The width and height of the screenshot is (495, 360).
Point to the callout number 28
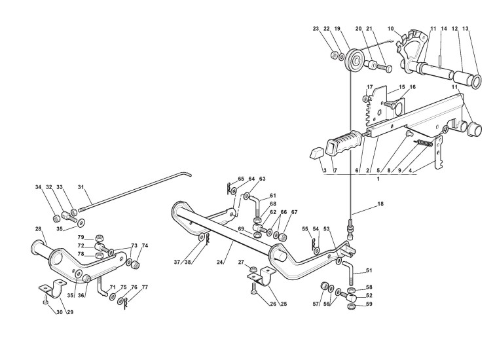pyautogui.click(x=38, y=228)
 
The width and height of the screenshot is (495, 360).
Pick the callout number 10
pyautogui.click(x=391, y=29)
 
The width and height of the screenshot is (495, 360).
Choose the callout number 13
pyautogui.click(x=466, y=29)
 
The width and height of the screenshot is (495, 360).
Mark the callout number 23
pyautogui.click(x=316, y=29)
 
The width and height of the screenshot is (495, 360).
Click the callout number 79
pyautogui.click(x=81, y=237)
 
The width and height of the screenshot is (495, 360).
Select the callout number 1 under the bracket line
pyautogui.click(x=378, y=178)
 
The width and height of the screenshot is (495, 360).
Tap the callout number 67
pyautogui.click(x=295, y=212)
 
